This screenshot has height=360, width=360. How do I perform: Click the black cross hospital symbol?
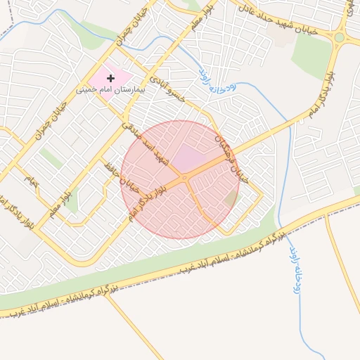110,77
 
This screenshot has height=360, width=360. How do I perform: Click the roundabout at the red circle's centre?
184,179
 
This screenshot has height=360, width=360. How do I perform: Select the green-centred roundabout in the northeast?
340,37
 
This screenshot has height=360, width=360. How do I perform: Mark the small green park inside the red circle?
231,198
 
